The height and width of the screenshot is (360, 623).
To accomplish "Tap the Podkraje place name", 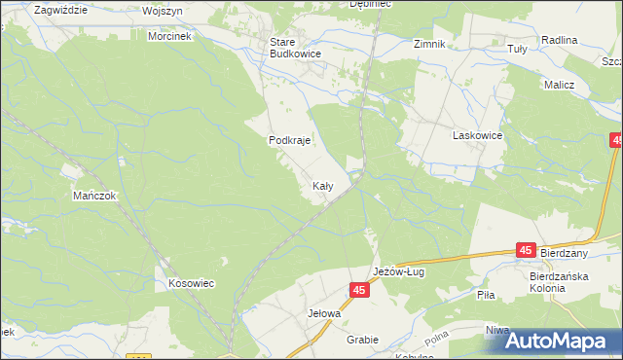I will tap(289, 140).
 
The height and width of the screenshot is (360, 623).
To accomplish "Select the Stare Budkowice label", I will tap(296, 49).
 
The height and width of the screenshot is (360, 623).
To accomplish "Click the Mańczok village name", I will tap(94, 196).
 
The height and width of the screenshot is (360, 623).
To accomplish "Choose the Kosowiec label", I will tap(191, 283).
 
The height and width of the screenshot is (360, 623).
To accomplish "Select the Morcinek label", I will tap(170, 36).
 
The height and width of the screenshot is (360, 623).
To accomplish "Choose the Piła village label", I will tap(487, 293).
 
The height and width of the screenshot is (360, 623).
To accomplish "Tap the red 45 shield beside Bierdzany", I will tap(526, 251).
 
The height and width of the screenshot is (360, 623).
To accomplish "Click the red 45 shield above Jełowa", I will tap(360, 290).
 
